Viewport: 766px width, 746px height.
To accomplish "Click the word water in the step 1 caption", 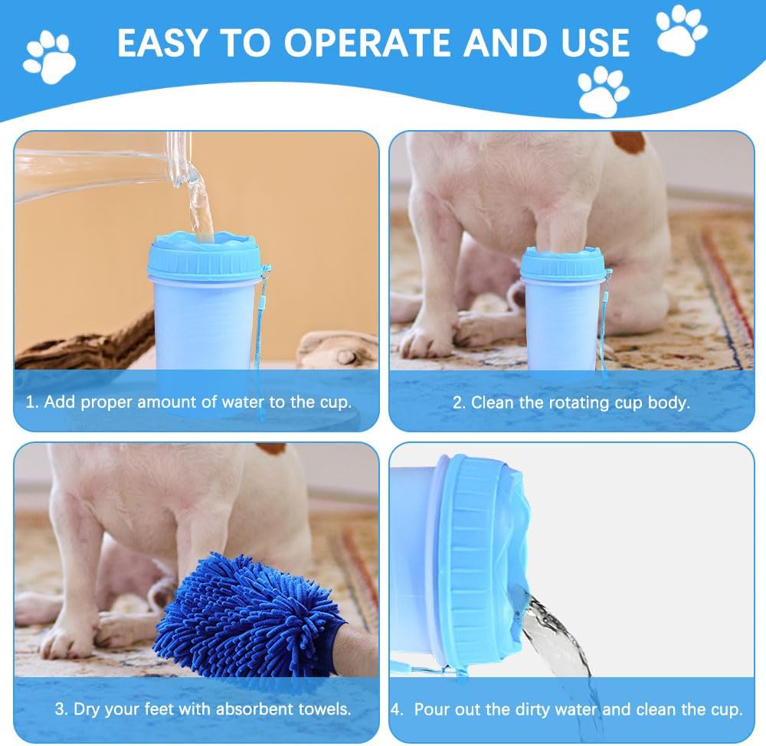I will click(x=243, y=402).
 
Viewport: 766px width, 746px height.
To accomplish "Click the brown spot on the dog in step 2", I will click(x=627, y=142).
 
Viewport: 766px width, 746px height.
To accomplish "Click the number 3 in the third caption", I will click(x=59, y=709).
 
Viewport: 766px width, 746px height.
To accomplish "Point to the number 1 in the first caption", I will click(x=31, y=402).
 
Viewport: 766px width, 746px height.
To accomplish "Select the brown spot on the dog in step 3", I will click(x=271, y=448).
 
